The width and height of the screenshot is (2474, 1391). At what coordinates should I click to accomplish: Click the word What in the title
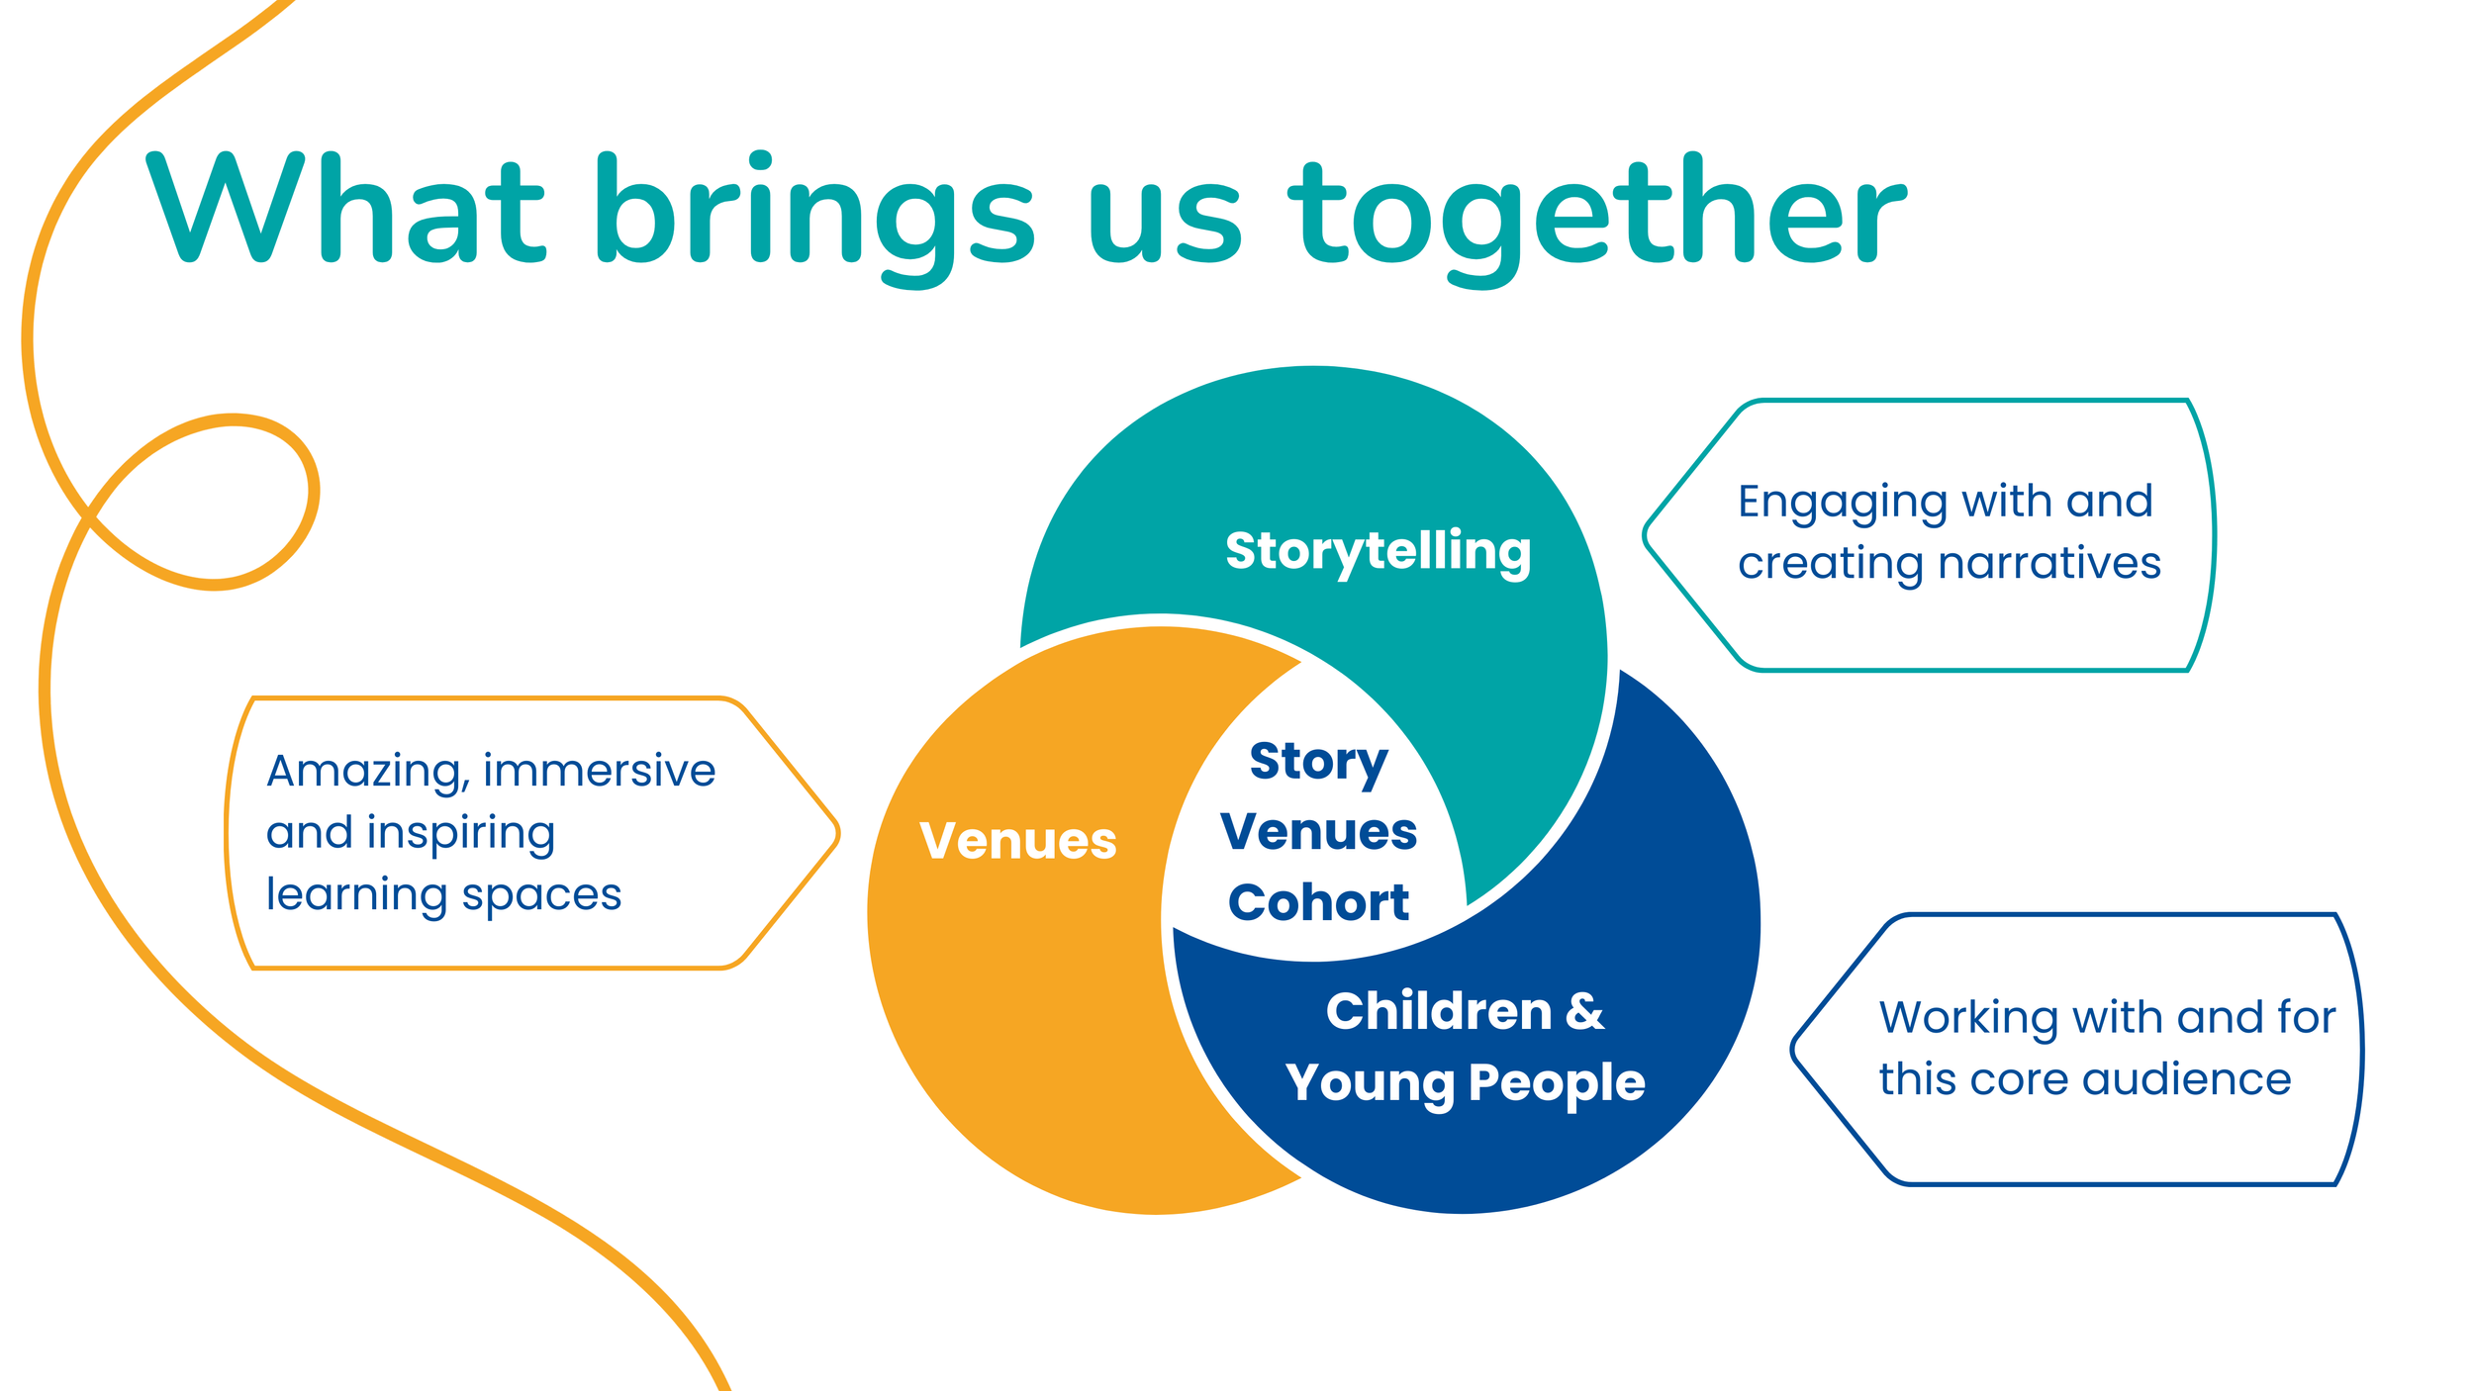tap(345, 210)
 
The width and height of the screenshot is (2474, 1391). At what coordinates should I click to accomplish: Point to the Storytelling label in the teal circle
tap(1378, 551)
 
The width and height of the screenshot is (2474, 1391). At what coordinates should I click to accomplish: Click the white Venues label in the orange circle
tap(1017, 841)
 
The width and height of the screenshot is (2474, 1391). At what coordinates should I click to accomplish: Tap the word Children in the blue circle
tap(1439, 1011)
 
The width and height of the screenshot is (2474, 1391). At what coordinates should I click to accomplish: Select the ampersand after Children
tap(1584, 1011)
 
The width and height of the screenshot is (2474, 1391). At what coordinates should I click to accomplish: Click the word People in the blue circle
tap(1557, 1083)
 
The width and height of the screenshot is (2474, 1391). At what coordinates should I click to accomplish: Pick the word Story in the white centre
tap(1318, 762)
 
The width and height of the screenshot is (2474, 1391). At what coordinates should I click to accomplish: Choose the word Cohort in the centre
tap(1318, 902)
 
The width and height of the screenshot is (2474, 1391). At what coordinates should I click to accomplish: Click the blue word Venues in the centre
tap(1318, 831)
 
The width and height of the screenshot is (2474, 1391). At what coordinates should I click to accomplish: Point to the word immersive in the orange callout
tap(599, 770)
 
